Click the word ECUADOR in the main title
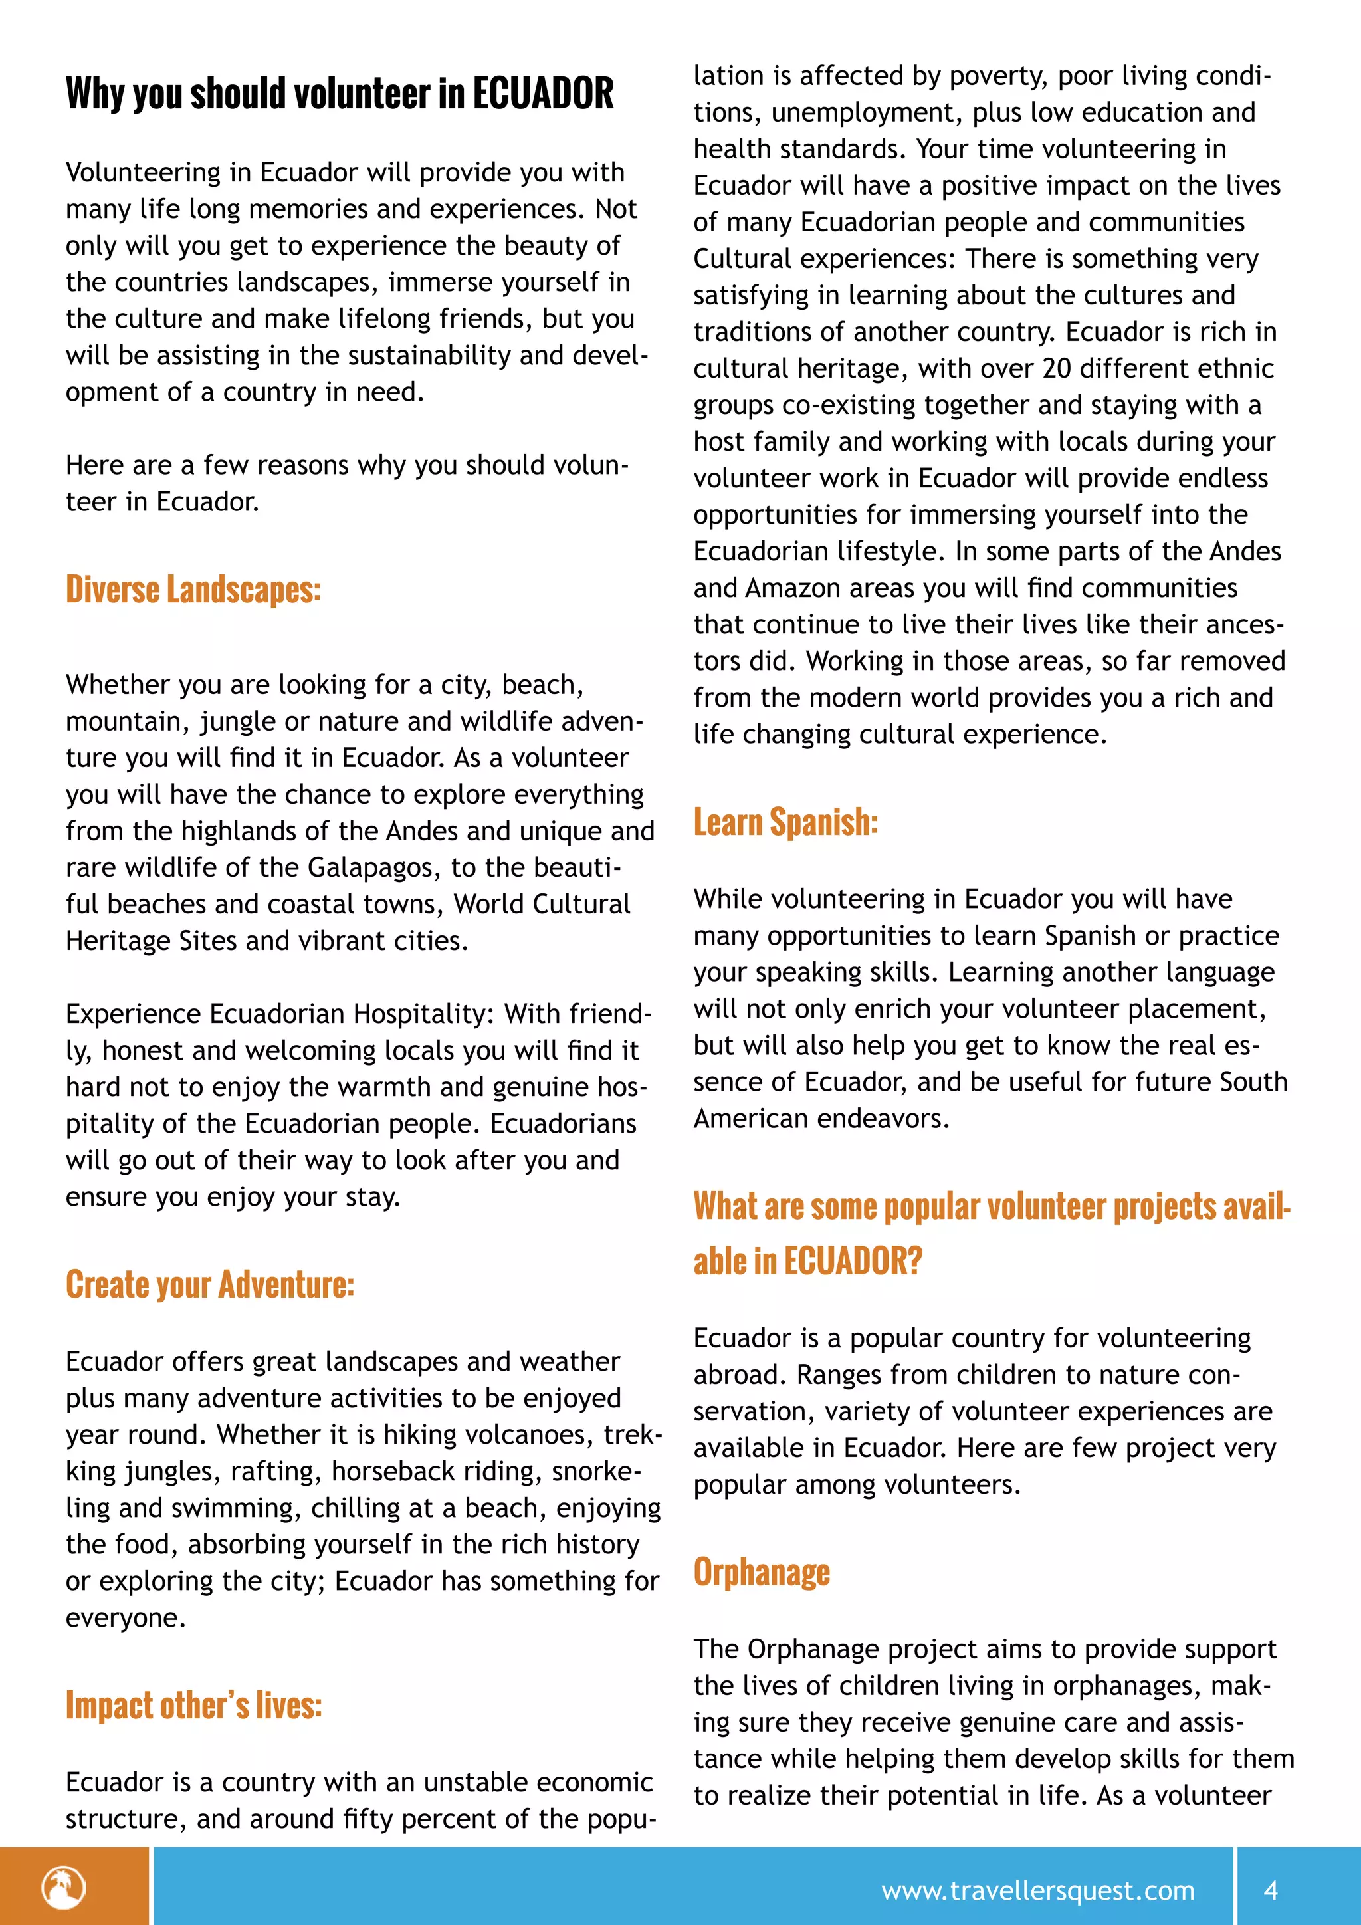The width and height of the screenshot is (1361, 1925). click(543, 93)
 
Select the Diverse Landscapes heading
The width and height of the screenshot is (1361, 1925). click(193, 590)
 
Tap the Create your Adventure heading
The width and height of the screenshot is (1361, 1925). click(209, 1284)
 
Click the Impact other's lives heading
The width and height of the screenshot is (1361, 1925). click(193, 1706)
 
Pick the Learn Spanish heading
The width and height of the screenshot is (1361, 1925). click(785, 822)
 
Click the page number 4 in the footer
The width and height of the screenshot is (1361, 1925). click(1271, 1890)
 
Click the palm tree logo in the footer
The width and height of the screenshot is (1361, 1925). click(64, 1888)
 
